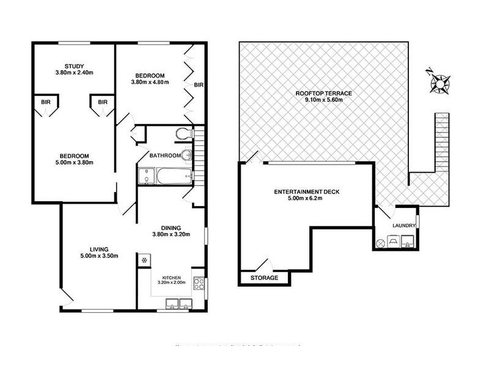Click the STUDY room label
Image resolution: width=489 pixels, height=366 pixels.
[78, 66]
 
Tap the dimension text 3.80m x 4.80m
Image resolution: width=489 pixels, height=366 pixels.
[149, 82]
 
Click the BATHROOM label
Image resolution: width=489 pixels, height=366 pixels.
[166, 156]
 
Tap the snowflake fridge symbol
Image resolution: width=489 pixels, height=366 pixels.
[144, 261]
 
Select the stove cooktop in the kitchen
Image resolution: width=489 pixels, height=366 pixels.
[198, 284]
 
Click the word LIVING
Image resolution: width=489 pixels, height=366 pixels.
[98, 249]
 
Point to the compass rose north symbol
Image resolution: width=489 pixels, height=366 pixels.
[439, 82]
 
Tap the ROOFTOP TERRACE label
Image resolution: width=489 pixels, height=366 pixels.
[323, 93]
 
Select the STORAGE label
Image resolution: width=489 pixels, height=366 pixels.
[264, 278]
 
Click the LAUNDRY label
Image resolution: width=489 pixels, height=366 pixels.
[403, 226]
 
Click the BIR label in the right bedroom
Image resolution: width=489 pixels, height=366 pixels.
[198, 85]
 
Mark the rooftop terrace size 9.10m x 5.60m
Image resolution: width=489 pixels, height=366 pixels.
[323, 101]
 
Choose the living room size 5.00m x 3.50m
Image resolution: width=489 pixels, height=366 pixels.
[98, 256]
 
